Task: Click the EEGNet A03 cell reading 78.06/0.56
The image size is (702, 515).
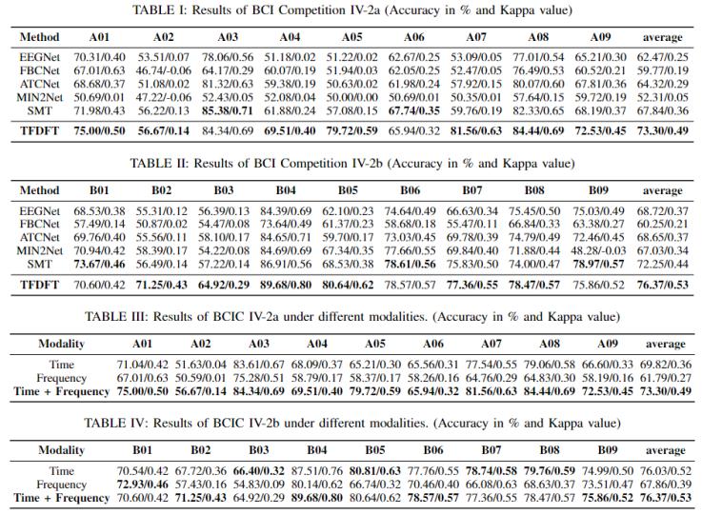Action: (x=228, y=57)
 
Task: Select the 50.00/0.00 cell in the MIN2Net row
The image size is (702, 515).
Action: (x=351, y=97)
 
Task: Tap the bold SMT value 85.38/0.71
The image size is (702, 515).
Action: (x=228, y=111)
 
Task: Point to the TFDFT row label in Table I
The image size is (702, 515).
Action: (x=39, y=131)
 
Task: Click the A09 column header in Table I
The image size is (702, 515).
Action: (x=600, y=37)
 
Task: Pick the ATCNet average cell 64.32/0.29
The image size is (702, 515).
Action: (x=663, y=84)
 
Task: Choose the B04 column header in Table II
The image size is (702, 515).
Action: (x=286, y=190)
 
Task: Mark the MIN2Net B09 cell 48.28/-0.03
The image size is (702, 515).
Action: (x=598, y=251)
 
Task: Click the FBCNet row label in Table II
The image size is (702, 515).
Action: (x=39, y=224)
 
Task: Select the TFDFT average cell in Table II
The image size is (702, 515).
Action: (x=663, y=285)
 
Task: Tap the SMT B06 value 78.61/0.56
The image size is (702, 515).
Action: (x=411, y=265)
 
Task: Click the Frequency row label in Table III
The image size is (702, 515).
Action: (x=61, y=378)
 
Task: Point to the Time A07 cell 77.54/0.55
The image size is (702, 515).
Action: (x=491, y=365)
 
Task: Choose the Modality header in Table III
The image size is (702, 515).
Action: (x=61, y=344)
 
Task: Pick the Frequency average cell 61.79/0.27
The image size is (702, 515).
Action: (x=666, y=378)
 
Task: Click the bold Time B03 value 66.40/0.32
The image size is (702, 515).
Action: (x=259, y=471)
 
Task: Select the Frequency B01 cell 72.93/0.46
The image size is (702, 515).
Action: (x=142, y=485)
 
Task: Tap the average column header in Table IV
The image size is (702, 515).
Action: (x=666, y=450)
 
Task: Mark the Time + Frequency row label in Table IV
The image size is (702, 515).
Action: (x=61, y=498)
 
